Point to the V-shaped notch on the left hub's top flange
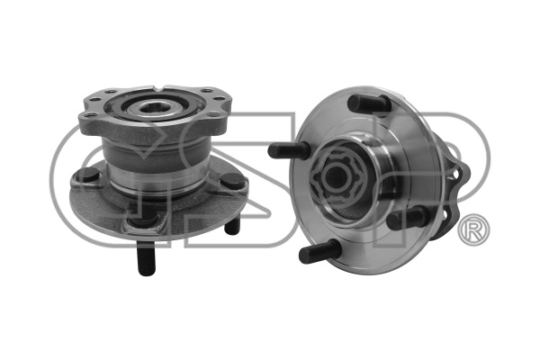click(x=161, y=88)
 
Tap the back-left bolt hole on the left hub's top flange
click(x=111, y=92)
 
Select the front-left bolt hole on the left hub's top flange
click(x=89, y=115)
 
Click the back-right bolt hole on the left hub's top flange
click(x=207, y=91)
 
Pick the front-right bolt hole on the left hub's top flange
click(x=214, y=114)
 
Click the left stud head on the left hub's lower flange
click(x=86, y=175)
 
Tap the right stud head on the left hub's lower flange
click(x=233, y=180)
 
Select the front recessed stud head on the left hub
click(x=142, y=219)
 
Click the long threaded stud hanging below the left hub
click(x=146, y=257)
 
